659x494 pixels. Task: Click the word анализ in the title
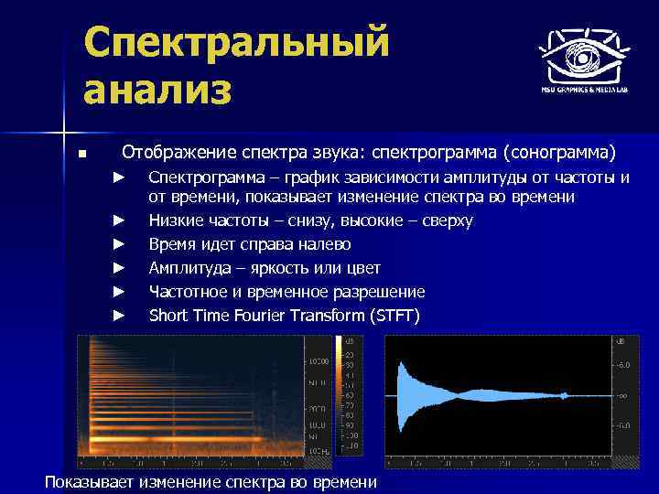[158, 91]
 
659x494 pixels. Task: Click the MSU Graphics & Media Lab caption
[582, 91]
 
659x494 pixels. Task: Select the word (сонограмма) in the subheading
[565, 150]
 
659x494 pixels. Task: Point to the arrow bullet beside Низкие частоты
[117, 220]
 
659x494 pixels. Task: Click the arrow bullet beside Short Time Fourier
[117, 316]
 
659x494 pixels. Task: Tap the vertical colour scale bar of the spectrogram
[338, 393]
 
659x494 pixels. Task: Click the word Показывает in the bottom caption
[90, 482]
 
